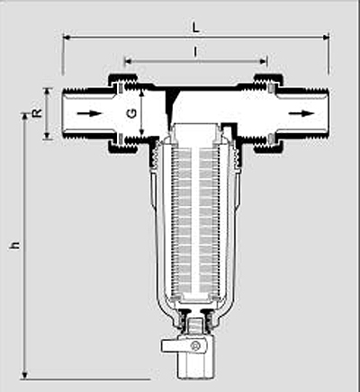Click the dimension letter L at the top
point(195,28)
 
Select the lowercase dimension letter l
point(195,52)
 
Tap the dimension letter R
point(38,113)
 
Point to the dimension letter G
point(132,113)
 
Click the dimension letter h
point(15,245)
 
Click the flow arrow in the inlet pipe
point(90,113)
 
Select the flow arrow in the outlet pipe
point(301,113)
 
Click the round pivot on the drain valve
point(196,347)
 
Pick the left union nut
point(123,113)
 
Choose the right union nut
point(268,113)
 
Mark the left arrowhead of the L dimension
point(67,37)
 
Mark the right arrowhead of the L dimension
point(326,37)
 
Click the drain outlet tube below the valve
point(192,366)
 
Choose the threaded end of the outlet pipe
point(318,113)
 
